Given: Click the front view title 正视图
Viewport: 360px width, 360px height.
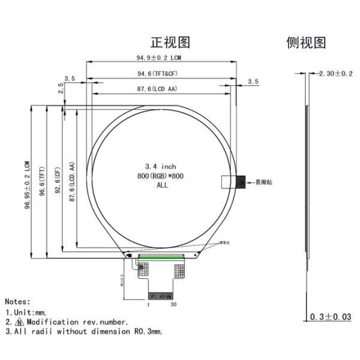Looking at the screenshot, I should click(x=170, y=43).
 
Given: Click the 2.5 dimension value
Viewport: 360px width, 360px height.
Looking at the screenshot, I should click(x=60, y=87).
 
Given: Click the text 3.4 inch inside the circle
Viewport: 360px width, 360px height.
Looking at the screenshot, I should click(x=161, y=166).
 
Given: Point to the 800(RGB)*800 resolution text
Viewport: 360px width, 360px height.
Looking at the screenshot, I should click(x=161, y=176).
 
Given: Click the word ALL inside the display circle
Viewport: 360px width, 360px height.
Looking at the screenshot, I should click(x=162, y=185).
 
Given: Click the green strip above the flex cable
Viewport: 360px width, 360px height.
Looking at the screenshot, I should click(x=161, y=257).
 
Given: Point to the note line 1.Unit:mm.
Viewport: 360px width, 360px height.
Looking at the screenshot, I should click(x=27, y=312).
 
